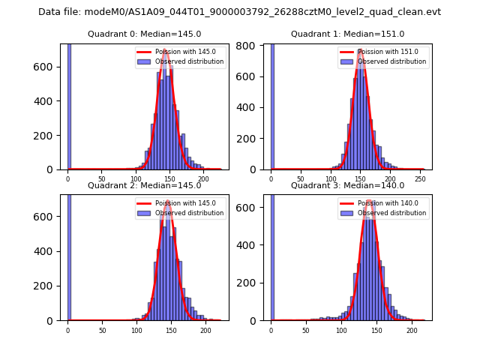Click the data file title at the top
pyautogui.click(x=239, y=12)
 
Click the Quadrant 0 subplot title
pyautogui.click(x=144, y=34)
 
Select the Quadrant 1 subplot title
pyautogui.click(x=347, y=34)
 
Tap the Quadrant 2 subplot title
pyautogui.click(x=144, y=186)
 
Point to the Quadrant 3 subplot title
pyautogui.click(x=347, y=186)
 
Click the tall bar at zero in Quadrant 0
pyautogui.click(x=69, y=105)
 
